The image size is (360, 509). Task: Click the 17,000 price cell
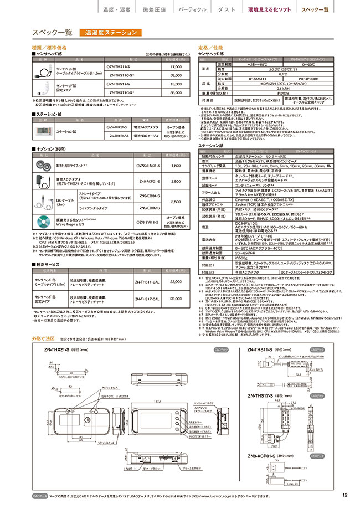[x=175, y=66]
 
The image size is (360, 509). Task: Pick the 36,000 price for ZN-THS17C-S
[x=175, y=92]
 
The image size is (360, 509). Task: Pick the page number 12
[x=344, y=495]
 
